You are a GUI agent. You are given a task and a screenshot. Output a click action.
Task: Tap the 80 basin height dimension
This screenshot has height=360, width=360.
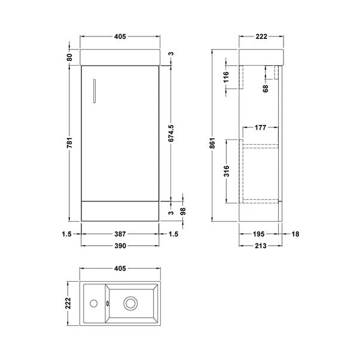pyautogui.click(x=70, y=57)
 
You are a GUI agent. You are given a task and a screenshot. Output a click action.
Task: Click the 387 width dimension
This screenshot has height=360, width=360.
pyautogui.click(x=120, y=234)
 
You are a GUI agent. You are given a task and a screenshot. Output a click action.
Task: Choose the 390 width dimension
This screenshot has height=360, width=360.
pyautogui.click(x=120, y=245)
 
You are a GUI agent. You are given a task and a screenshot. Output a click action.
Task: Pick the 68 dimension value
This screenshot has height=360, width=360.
pyautogui.click(x=266, y=89)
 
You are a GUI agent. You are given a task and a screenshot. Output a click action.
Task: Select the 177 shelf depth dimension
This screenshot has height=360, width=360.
pyautogui.click(x=260, y=127)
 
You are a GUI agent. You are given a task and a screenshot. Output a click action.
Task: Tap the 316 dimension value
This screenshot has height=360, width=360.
pyautogui.click(x=226, y=172)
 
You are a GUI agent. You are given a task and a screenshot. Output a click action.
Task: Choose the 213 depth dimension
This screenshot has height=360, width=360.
pyautogui.click(x=260, y=245)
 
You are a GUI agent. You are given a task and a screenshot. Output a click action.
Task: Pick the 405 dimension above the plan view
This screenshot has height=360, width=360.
pyautogui.click(x=120, y=269)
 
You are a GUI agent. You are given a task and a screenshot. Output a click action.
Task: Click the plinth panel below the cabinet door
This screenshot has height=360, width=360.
pyautogui.click(x=120, y=210)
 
